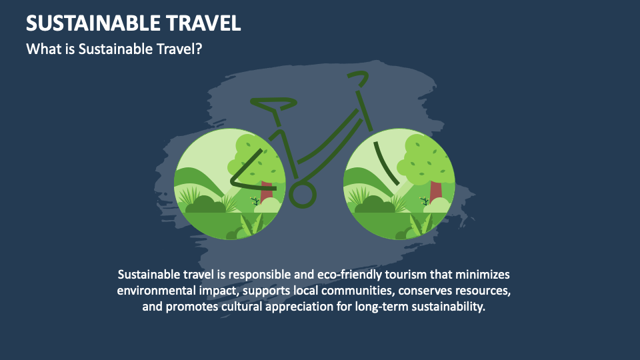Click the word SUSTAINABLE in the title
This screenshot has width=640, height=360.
click(x=93, y=23)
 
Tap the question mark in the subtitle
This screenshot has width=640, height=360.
click(x=199, y=49)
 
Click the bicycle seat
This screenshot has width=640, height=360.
click(x=273, y=103)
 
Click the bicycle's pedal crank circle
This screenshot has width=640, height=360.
click(x=303, y=194)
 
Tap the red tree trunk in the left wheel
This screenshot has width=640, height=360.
click(x=267, y=192)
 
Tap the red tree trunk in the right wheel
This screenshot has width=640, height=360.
click(x=435, y=192)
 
